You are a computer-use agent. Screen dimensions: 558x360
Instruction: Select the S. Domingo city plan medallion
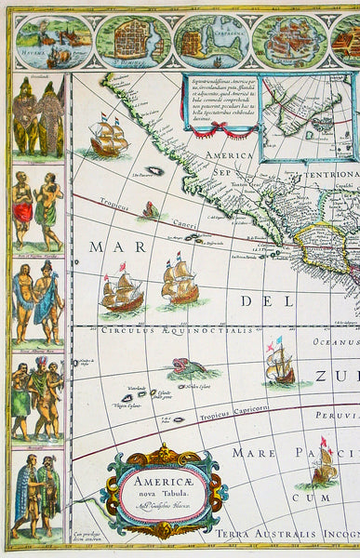[x=135, y=42]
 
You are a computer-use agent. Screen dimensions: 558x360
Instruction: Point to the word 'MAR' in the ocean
[x=108, y=247]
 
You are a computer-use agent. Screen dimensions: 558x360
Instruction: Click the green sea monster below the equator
[x=193, y=368]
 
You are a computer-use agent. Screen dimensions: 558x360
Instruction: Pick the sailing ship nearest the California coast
[x=109, y=139]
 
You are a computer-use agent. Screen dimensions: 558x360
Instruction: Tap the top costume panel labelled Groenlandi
[x=38, y=116]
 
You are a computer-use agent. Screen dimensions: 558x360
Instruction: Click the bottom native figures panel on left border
[x=38, y=498]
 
